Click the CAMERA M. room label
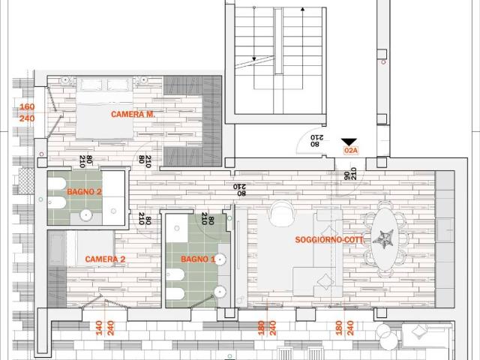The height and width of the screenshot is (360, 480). [x=133, y=114]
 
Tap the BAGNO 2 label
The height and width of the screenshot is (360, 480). [x=84, y=192]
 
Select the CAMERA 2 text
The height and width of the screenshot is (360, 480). [x=105, y=259]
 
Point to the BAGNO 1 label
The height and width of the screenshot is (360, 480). [x=198, y=259]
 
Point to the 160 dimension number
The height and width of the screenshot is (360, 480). [x=27, y=106]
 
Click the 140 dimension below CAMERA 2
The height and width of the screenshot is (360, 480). [x=98, y=328]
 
